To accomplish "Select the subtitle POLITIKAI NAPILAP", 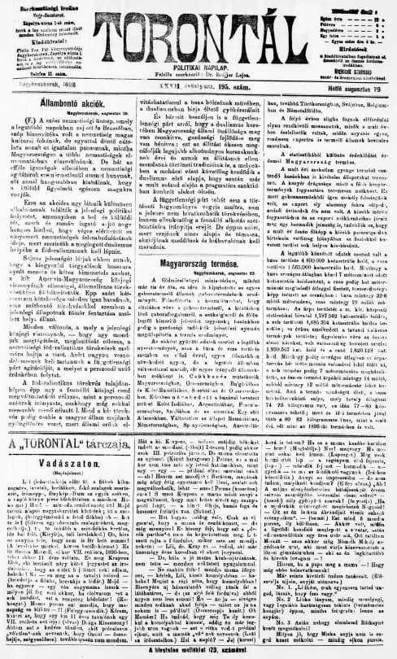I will click(198, 63).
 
